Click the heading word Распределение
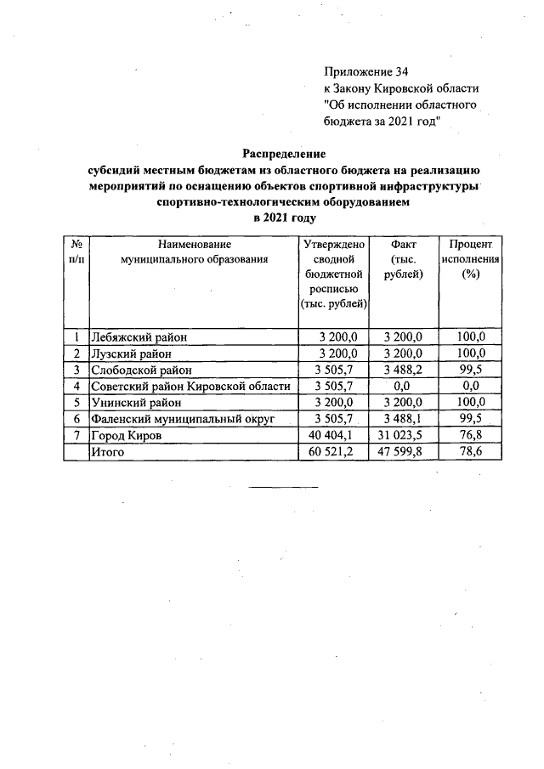click(284, 154)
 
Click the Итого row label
click(108, 452)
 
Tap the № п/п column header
click(76, 252)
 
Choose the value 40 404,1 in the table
click(336, 435)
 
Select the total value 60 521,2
click(336, 452)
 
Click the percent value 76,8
click(470, 435)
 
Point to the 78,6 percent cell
click(470, 452)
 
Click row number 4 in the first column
click(76, 386)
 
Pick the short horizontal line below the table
click(283, 488)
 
